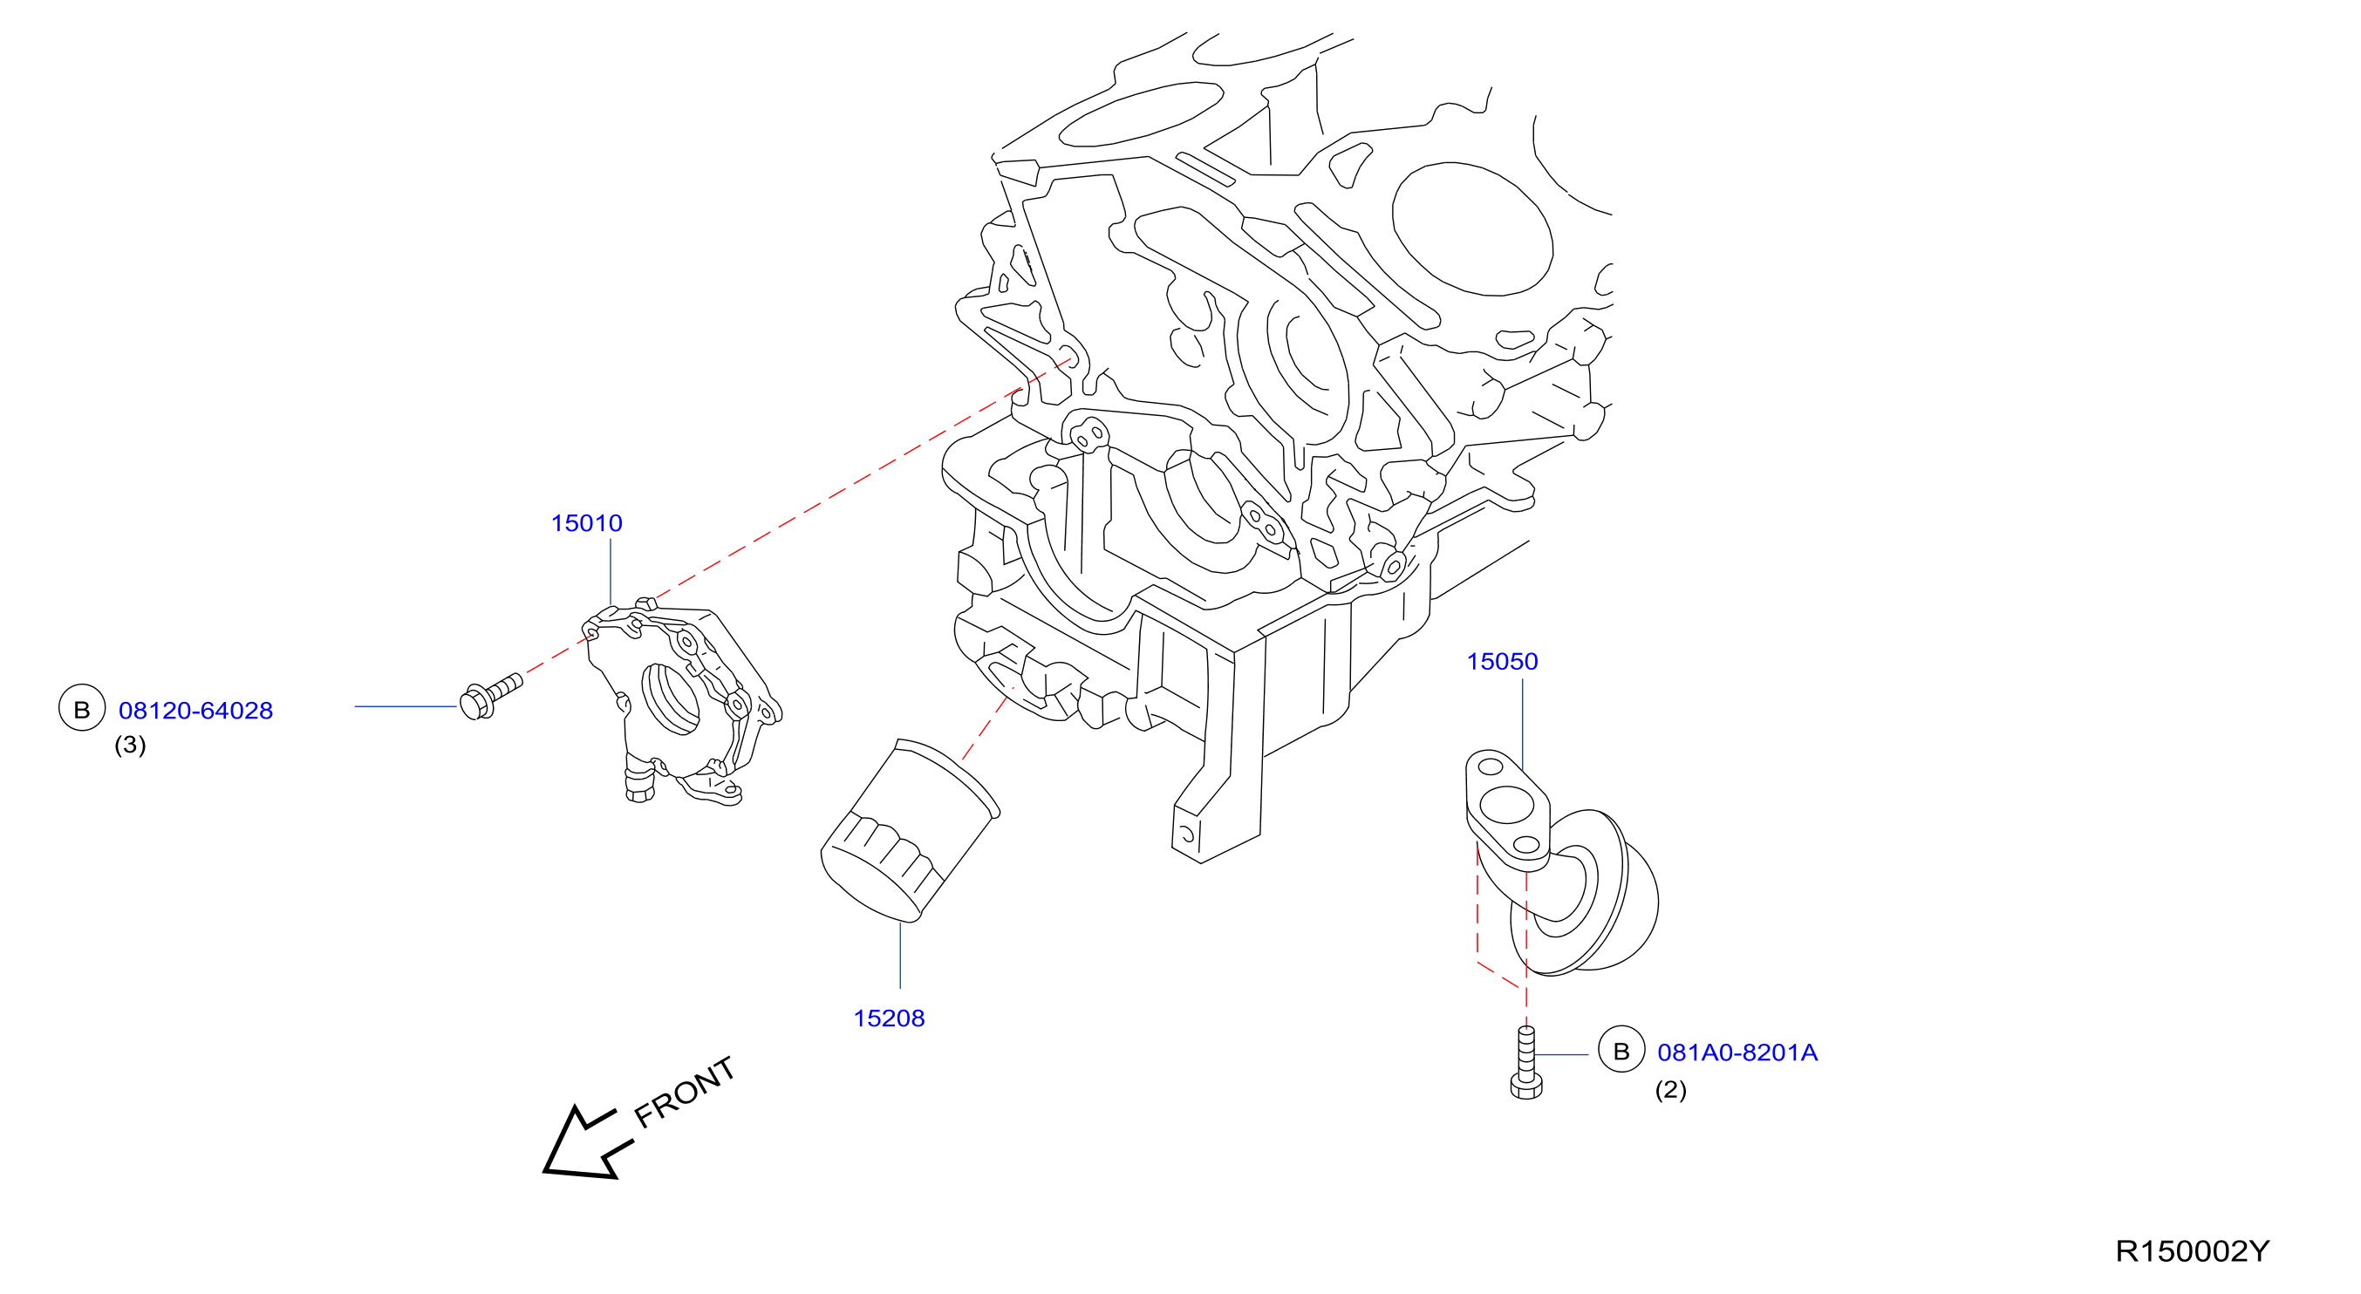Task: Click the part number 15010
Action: [x=587, y=523]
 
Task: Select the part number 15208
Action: [x=889, y=1018]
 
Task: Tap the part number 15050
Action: [x=1502, y=662]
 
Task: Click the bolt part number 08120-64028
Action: [x=196, y=711]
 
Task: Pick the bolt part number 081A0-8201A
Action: [x=1737, y=1052]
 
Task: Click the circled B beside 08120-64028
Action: [x=82, y=708]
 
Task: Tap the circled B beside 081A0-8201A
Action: [x=1621, y=1050]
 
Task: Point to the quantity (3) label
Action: [x=130, y=745]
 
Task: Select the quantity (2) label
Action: [x=1670, y=1090]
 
